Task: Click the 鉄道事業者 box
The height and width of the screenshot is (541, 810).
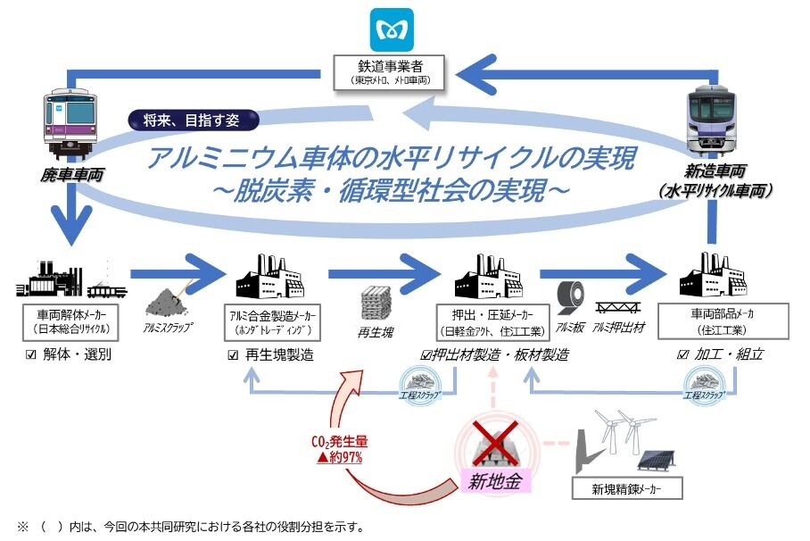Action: click(392, 71)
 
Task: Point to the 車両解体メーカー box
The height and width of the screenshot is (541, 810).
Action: click(69, 322)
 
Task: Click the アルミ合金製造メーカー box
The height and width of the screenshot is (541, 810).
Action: click(274, 322)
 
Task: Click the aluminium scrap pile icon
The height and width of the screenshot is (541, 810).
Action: click(168, 298)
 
